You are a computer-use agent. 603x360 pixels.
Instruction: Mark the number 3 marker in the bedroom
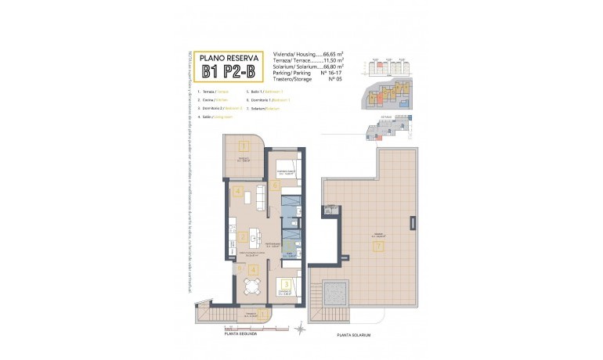point(287,284)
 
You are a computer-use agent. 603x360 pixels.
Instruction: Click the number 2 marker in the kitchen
point(244,237)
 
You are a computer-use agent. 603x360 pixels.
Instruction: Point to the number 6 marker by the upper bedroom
point(275,185)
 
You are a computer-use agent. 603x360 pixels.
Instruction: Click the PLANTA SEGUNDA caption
point(234,332)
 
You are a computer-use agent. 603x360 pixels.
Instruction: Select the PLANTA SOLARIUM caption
point(353,334)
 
